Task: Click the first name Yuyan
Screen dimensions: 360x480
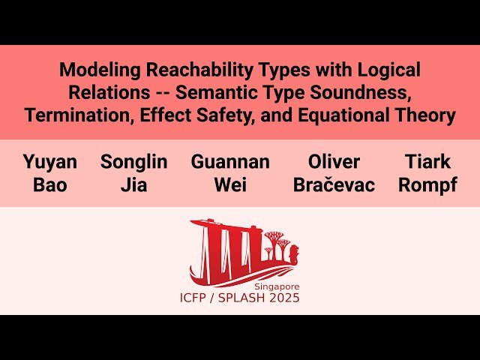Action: pos(49,162)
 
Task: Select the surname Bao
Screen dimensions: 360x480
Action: pos(49,185)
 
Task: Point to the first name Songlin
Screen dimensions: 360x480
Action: pos(133,162)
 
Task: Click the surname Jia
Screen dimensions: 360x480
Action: pos(133,185)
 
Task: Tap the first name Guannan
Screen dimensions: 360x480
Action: pos(230,162)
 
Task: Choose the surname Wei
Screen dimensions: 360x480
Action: pos(230,185)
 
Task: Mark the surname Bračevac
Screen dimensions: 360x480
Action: pos(334,185)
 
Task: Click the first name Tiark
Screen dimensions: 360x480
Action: pos(427,162)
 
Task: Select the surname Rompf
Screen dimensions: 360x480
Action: pos(427,185)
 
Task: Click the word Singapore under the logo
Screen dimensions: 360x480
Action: pos(277,286)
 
